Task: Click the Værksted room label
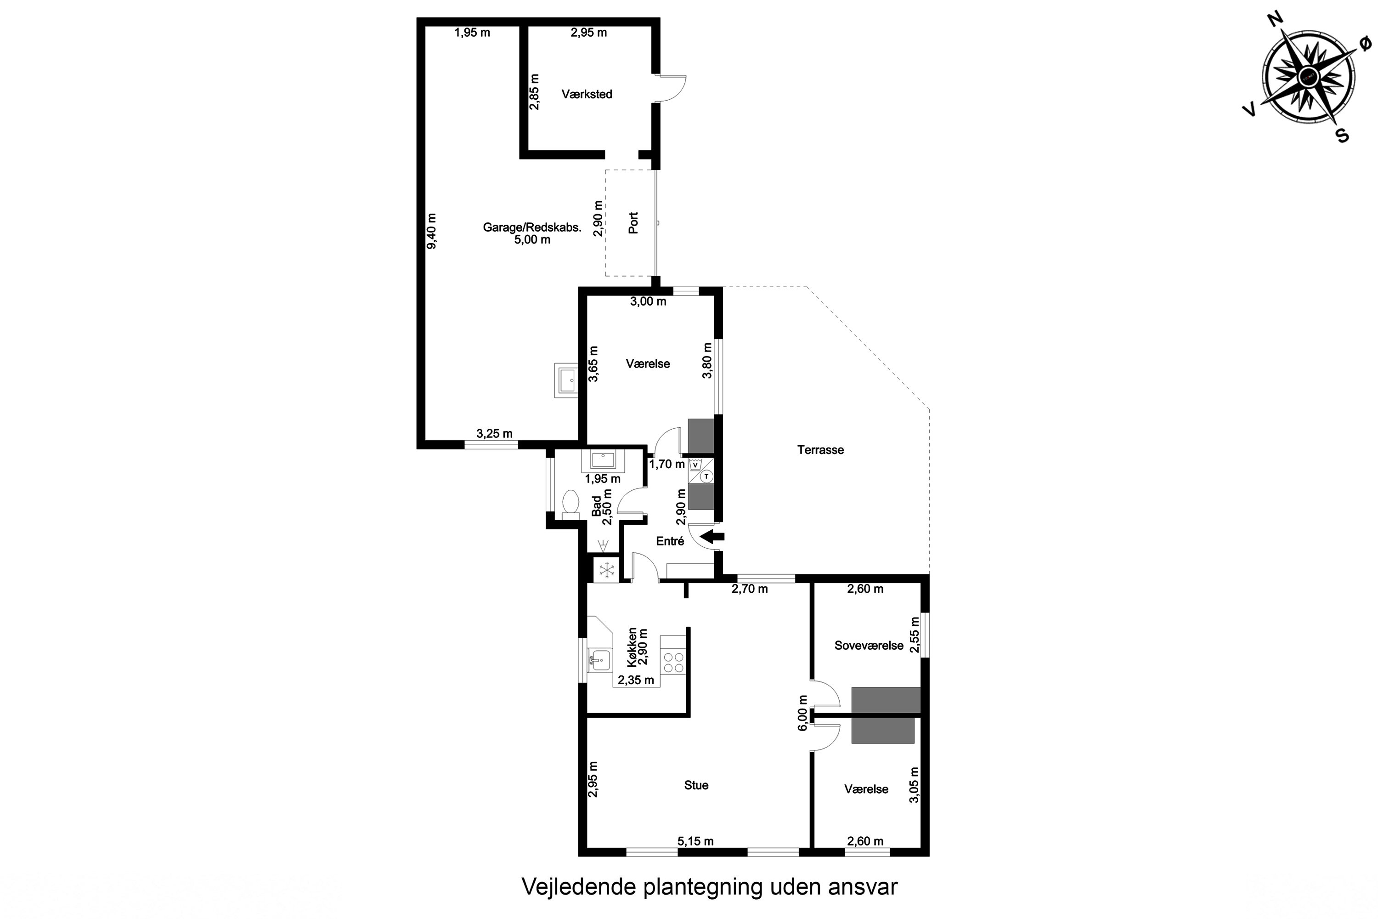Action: point(587,94)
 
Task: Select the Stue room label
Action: point(696,785)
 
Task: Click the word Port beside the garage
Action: point(633,223)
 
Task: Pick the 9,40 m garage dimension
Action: point(432,231)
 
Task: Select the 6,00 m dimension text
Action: point(802,713)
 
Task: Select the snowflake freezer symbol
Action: point(607,569)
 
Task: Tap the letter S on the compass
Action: point(1342,136)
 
